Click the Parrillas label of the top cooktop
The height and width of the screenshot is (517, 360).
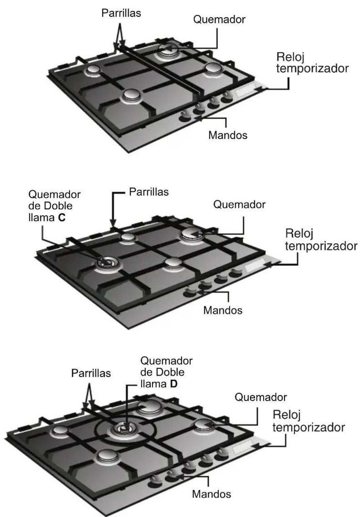[x=121, y=13]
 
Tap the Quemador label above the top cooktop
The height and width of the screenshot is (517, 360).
[x=219, y=20]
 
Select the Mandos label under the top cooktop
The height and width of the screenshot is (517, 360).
[x=228, y=135]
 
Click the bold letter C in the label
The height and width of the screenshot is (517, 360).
[x=62, y=218]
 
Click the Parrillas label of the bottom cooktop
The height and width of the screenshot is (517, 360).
[x=91, y=373]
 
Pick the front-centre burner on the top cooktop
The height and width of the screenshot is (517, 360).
[x=131, y=96]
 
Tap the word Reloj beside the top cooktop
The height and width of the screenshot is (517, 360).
[x=290, y=57]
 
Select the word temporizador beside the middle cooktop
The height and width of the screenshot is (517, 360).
[x=321, y=246]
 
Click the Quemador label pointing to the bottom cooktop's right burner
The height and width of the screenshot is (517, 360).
[x=261, y=397]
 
